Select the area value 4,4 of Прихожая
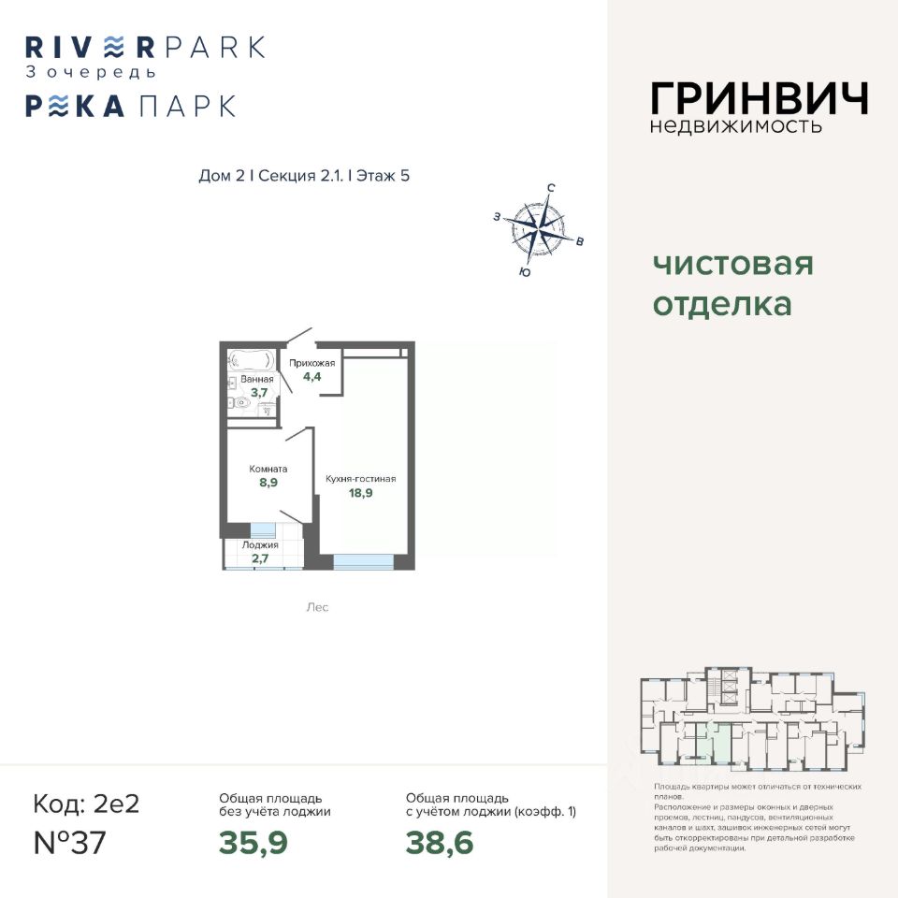point(311,378)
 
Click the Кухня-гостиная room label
point(360,479)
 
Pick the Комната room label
point(268,469)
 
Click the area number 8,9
point(268,483)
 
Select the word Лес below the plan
point(317,607)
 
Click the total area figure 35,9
point(253,843)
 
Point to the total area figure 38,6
point(440,843)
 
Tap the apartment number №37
point(69,843)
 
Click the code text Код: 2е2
point(85,804)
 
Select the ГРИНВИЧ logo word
point(759,98)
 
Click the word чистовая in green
point(732,264)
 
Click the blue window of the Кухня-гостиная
point(364,559)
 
